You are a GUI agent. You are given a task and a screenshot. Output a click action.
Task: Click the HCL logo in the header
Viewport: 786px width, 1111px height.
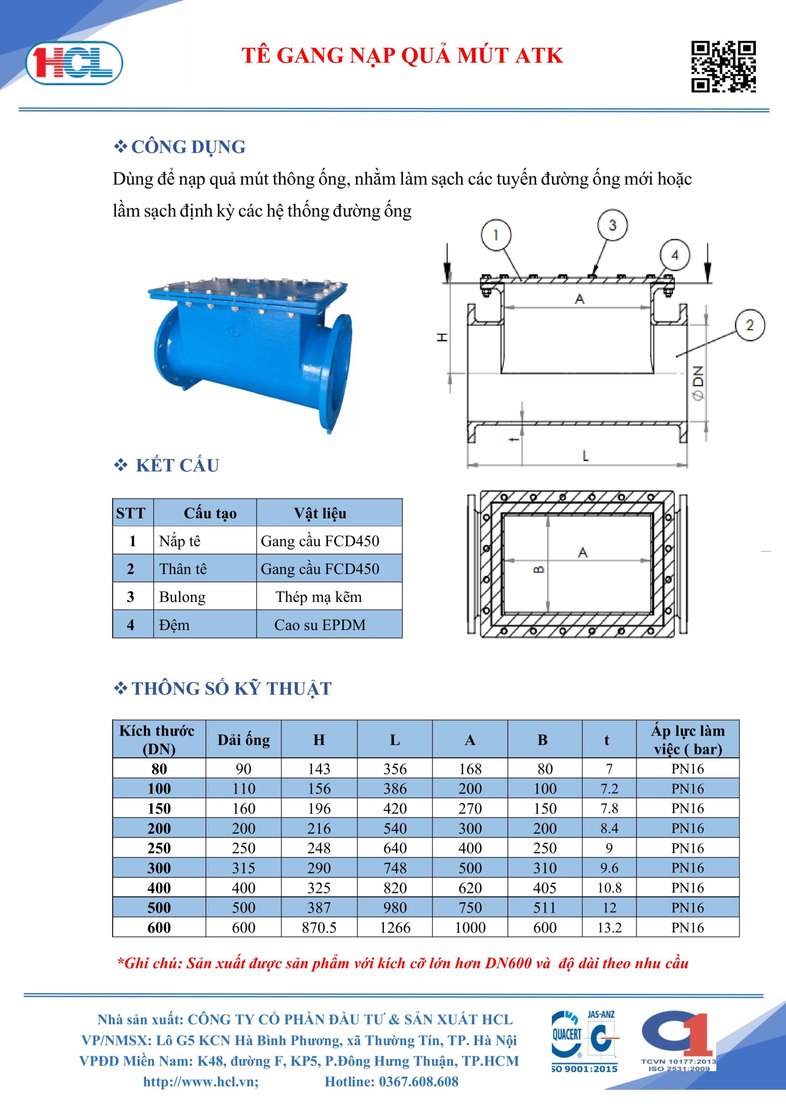(74, 63)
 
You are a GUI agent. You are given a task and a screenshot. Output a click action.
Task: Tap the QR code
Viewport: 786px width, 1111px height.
(723, 67)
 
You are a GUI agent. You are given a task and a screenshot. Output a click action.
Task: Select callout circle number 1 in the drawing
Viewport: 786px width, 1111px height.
(495, 235)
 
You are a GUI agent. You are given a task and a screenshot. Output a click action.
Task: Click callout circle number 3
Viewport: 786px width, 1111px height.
(612, 225)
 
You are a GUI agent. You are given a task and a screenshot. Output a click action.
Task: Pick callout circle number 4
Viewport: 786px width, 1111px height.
(674, 255)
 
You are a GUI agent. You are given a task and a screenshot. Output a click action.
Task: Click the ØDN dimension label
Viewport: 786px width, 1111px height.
(698, 382)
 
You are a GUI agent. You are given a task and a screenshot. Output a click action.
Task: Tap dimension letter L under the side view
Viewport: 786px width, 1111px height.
(585, 456)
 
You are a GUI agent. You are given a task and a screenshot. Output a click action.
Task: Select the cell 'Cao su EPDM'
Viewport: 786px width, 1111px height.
(320, 625)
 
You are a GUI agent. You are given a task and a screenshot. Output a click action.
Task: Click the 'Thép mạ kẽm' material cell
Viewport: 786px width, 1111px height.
(319, 597)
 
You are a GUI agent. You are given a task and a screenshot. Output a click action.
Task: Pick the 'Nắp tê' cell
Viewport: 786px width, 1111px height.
(180, 541)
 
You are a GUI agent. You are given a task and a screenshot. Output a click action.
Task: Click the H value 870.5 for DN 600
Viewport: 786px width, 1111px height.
(319, 927)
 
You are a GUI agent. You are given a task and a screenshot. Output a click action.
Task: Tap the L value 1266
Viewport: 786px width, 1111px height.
(395, 927)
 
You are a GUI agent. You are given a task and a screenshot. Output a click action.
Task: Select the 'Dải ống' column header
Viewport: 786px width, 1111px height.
(244, 740)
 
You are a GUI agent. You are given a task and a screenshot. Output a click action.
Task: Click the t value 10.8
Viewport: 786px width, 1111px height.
(609, 888)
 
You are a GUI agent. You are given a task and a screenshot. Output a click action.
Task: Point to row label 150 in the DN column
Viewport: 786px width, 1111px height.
(159, 809)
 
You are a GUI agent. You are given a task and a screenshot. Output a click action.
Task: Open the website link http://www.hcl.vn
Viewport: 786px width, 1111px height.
(201, 1081)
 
